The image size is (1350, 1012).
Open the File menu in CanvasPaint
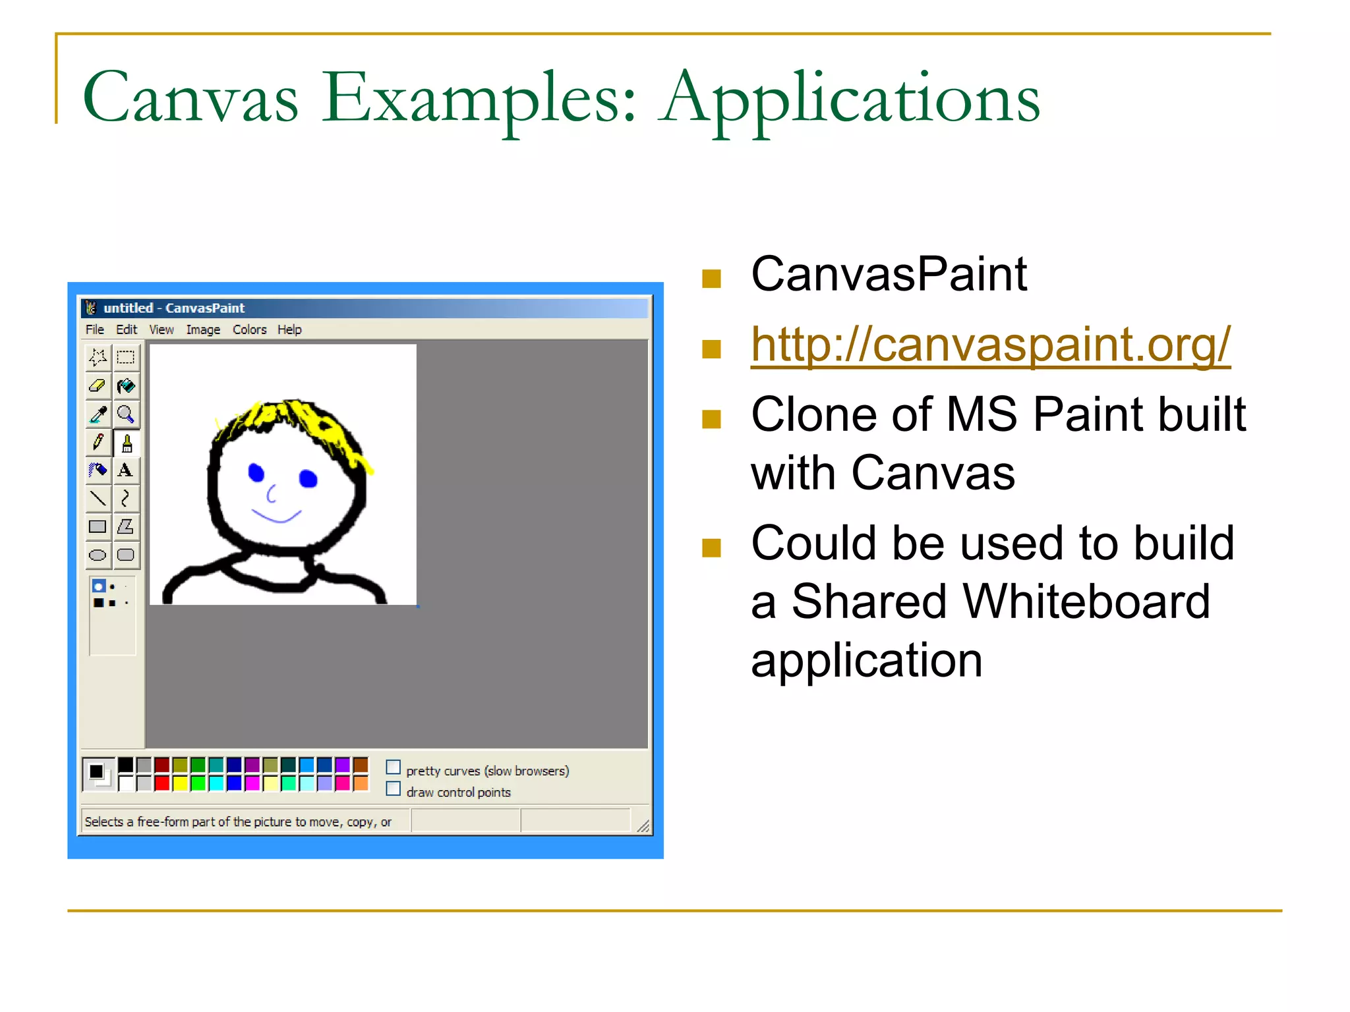coord(94,329)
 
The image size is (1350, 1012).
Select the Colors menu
coord(249,329)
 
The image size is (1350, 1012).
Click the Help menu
coord(289,329)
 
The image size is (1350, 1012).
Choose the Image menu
coord(203,329)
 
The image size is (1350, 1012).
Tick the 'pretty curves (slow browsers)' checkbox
coord(394,768)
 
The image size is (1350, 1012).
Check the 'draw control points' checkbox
coord(394,789)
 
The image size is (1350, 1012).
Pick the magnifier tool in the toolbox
coord(125,414)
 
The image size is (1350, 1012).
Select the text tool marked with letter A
coord(125,470)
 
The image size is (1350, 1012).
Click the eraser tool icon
coord(98,385)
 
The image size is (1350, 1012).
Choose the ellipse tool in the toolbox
coord(98,555)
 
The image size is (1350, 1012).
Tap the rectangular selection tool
coord(125,358)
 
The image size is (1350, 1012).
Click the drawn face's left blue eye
coord(256,472)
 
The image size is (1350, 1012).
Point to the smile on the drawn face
coord(277,515)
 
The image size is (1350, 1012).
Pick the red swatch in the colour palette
coord(162,783)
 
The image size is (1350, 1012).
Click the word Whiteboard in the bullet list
coord(1001,602)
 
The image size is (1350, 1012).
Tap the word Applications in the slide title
coord(850,99)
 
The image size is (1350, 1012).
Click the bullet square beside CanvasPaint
coord(711,279)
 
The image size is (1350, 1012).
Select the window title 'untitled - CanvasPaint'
coord(174,308)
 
